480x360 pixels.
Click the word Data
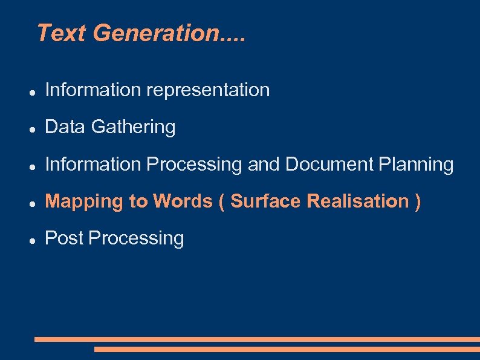pyautogui.click(x=65, y=127)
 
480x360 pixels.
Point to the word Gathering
pyautogui.click(x=133, y=128)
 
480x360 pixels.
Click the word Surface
pyautogui.click(x=266, y=201)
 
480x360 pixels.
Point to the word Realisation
pyautogui.click(x=358, y=201)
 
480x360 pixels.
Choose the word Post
pyautogui.click(x=64, y=238)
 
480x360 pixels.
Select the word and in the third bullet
pyautogui.click(x=264, y=164)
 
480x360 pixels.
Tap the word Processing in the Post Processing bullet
pyautogui.click(x=136, y=239)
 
